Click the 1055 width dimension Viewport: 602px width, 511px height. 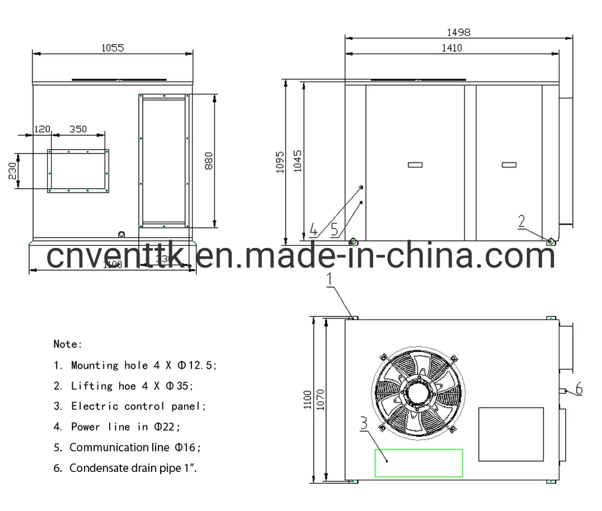(x=112, y=48)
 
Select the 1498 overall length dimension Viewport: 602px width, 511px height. (x=458, y=33)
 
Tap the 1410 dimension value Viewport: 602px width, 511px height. (x=451, y=48)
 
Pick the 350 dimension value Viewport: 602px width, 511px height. (x=78, y=129)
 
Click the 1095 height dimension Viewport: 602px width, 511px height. (x=279, y=162)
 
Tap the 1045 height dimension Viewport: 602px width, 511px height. (x=299, y=162)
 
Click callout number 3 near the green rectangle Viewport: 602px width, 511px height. (x=363, y=423)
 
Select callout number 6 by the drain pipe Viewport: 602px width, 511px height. (x=579, y=388)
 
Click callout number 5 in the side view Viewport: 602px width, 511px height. (x=334, y=229)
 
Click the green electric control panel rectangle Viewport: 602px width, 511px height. (x=418, y=462)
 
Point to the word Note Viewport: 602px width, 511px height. (x=68, y=344)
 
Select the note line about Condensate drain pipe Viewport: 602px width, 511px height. (x=134, y=468)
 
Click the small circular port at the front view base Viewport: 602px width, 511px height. (x=121, y=234)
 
